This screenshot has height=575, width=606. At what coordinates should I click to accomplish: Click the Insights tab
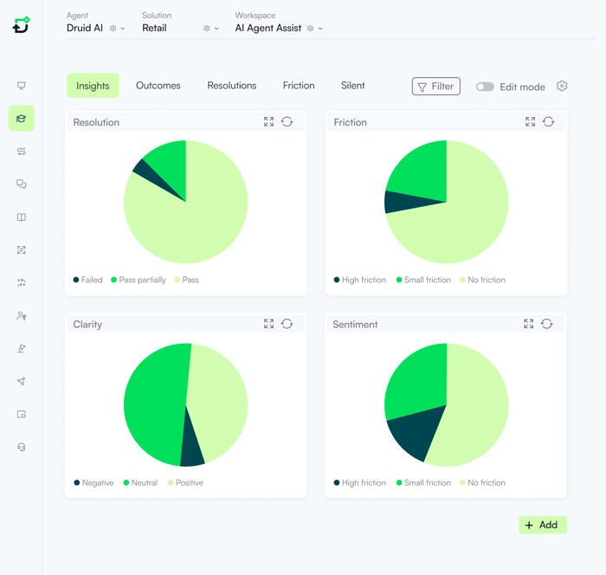click(93, 86)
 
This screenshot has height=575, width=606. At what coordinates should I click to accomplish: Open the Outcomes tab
click(158, 86)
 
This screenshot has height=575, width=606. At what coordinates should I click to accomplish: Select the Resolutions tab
click(231, 86)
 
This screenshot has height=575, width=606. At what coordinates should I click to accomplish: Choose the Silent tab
click(352, 86)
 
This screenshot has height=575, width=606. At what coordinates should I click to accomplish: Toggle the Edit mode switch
click(485, 87)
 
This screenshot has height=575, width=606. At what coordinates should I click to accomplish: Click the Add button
click(543, 525)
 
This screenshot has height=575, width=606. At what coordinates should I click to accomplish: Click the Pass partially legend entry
click(142, 280)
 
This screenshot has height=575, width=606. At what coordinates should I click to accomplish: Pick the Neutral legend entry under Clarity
click(144, 482)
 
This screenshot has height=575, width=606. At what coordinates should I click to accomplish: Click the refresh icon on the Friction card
click(548, 122)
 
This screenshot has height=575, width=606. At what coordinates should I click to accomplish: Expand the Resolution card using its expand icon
click(269, 122)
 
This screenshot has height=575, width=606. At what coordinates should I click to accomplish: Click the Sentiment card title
click(355, 325)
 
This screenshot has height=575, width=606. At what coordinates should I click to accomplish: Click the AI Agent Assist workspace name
click(268, 28)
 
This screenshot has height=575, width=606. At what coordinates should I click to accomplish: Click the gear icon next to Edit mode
click(562, 87)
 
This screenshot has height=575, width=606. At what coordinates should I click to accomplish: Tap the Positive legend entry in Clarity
click(189, 482)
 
